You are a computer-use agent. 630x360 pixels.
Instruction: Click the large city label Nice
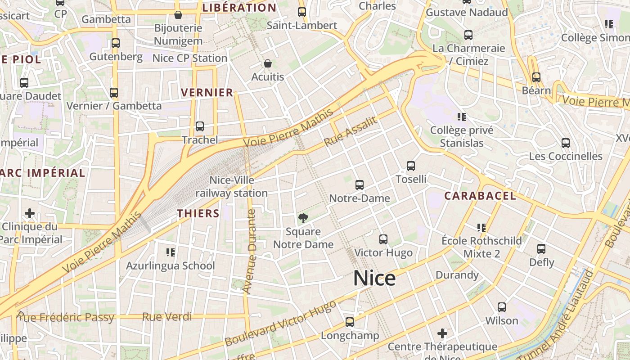coord(374,279)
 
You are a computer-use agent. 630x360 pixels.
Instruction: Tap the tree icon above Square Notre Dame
coord(303,219)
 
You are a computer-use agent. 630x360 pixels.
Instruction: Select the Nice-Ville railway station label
coord(232,187)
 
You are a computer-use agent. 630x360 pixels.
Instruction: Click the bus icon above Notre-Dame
coord(359,184)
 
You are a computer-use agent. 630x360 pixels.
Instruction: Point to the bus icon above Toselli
coord(411,166)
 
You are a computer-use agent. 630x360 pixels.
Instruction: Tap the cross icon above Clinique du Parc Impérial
coord(30,213)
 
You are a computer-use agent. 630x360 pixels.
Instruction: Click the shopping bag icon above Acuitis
coord(268,63)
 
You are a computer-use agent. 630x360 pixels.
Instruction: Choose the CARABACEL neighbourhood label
coord(480,196)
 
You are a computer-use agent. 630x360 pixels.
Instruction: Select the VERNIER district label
coord(207,93)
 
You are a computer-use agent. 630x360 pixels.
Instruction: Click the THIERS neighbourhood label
coord(198,213)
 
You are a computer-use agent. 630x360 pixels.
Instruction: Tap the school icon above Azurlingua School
coord(170,252)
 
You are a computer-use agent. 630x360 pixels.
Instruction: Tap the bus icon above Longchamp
coord(350,322)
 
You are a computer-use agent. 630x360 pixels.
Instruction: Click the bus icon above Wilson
coord(502,307)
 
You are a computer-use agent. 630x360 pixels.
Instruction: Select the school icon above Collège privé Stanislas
coord(461,117)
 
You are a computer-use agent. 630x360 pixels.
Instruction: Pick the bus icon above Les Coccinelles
coord(566,143)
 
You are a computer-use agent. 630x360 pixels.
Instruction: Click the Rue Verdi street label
coord(167,317)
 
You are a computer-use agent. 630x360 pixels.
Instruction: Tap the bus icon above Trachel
coord(200,126)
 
